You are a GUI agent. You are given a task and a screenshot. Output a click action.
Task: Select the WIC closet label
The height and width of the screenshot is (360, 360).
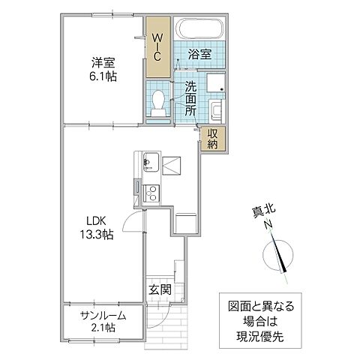pos(157,46)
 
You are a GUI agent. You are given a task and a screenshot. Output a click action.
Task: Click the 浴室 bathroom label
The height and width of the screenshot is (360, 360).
pos(199,55)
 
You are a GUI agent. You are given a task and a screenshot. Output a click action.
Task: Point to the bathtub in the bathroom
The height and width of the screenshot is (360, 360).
pos(198,29)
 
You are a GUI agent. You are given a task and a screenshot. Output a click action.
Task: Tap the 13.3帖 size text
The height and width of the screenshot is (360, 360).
pos(98,235)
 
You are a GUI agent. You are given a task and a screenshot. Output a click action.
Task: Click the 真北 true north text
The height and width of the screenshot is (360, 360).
pos(257,213)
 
